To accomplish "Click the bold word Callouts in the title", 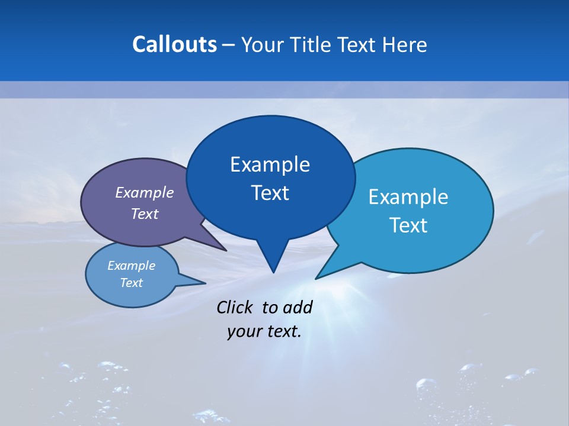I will click(x=174, y=44).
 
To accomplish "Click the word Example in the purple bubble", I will click(x=145, y=192).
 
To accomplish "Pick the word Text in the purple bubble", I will click(x=145, y=214).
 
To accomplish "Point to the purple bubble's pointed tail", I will click(x=219, y=247).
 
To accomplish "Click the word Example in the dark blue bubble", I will click(x=270, y=164).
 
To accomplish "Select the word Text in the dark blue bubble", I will click(x=270, y=193).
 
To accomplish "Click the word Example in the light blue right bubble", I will click(x=408, y=197).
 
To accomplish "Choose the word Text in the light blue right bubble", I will click(x=408, y=225).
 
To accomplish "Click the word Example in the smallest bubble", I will click(x=131, y=266).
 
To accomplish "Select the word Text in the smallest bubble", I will click(x=131, y=283).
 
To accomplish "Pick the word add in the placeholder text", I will click(x=297, y=307).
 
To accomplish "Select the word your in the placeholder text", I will click(x=243, y=331).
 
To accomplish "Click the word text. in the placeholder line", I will click(x=283, y=331).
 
